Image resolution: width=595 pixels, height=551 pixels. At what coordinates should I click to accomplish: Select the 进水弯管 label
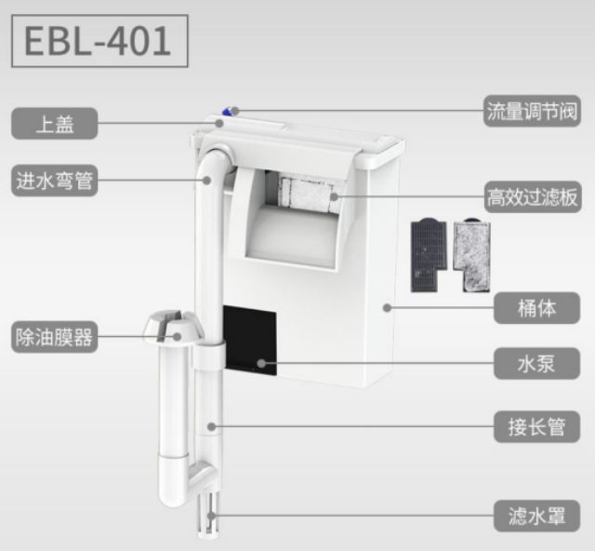[54, 181]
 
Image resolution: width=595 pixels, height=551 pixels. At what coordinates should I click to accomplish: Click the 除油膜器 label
[54, 336]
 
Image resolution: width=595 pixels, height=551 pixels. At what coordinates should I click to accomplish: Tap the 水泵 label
[536, 362]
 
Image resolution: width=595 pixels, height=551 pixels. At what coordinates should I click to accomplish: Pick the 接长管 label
[536, 427]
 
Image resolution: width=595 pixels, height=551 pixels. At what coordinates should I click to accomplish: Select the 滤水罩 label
[536, 513]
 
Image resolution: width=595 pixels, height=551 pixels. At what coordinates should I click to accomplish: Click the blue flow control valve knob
[226, 114]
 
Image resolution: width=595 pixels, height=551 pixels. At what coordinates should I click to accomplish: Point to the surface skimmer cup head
[172, 328]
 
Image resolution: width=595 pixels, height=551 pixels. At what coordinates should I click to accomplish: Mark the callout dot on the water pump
[261, 362]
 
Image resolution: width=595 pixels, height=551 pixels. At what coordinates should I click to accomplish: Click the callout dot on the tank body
[388, 306]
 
